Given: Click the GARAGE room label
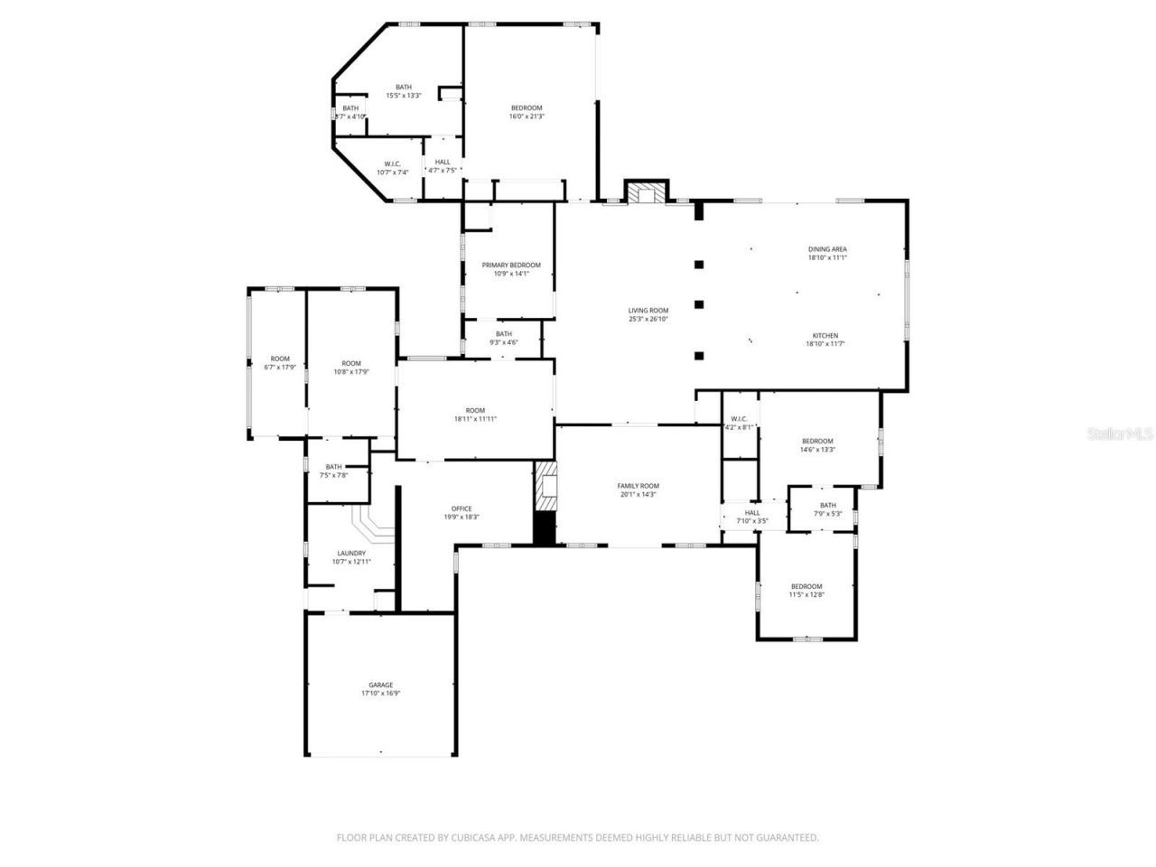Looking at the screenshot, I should (380, 685).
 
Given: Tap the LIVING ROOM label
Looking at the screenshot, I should (648, 310).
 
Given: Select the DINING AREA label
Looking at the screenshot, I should (826, 249).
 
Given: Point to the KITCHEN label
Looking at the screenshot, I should (822, 335).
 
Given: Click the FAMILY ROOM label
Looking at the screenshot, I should (638, 486).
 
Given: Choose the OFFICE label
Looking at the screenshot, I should (461, 508).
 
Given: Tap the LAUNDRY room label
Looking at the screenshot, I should (351, 554).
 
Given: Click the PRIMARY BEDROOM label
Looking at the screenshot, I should (511, 265).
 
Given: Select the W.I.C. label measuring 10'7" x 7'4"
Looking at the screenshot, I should (392, 172).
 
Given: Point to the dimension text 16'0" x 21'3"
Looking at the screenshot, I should (527, 117).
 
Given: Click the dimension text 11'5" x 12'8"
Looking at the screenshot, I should (806, 594).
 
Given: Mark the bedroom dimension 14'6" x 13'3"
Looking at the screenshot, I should (817, 450).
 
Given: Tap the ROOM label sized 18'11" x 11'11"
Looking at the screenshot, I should (475, 418).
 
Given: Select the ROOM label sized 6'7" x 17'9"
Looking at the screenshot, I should (280, 368).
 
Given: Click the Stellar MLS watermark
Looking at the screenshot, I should (1120, 434).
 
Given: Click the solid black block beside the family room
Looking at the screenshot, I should (544, 529).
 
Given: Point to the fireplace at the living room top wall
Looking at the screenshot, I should (647, 193).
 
